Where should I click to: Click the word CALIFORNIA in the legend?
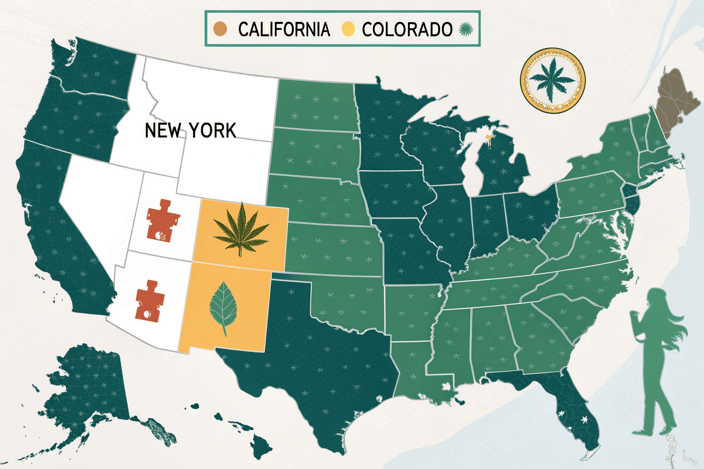coord(284,29)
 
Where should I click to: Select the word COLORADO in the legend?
coord(407,29)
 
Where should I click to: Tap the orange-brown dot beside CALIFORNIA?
coord(220,29)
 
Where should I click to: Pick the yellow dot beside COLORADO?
coord(348,29)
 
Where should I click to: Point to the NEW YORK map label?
coord(190,131)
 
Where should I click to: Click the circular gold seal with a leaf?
coord(552,80)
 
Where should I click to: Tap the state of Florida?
coord(573,408)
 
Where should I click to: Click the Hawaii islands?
coord(257,444)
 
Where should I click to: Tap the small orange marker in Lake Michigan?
coord(489,140)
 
